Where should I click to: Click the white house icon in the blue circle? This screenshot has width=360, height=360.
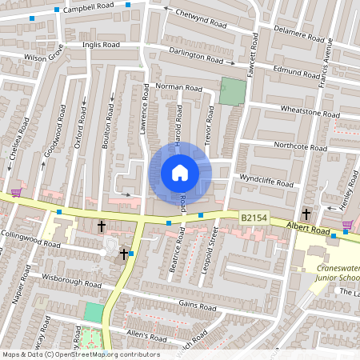click(x=180, y=173)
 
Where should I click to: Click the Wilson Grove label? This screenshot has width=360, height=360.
click(x=43, y=58)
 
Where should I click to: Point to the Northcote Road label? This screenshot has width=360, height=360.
click(x=295, y=146)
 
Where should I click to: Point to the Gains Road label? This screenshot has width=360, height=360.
click(x=198, y=306)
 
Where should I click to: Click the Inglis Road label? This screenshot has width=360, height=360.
click(x=101, y=46)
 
